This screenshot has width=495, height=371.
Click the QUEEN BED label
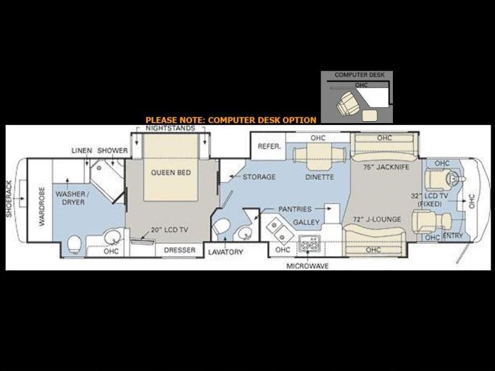tap(170, 173)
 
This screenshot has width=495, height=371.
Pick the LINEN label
tap(82, 151)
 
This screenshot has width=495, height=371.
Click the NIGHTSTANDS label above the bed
tap(170, 128)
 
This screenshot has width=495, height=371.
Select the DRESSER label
tap(179, 250)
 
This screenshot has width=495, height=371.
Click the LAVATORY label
tap(225, 252)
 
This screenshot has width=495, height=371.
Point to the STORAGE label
tap(259, 177)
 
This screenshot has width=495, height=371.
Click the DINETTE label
tap(319, 177)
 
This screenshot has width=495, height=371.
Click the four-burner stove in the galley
tap(307, 245)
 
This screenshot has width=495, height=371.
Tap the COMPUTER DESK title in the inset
tap(359, 75)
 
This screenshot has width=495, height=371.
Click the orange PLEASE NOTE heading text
tap(231, 119)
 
